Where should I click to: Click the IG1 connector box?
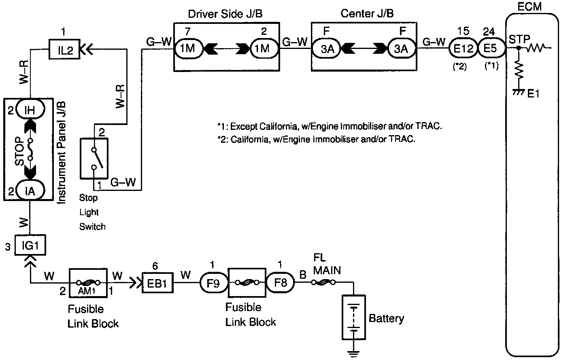[x=30, y=245]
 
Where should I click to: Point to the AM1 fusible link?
[x=88, y=283]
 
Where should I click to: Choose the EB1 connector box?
[x=157, y=283]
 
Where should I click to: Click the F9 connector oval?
[x=213, y=283]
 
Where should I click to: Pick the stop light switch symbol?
[x=94, y=158]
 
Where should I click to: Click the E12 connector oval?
[x=463, y=49]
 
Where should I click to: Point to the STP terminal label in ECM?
[x=519, y=40]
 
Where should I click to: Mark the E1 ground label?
[x=534, y=94]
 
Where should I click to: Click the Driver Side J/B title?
[x=225, y=14]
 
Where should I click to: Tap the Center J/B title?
[x=367, y=14]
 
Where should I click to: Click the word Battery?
[x=386, y=318]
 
